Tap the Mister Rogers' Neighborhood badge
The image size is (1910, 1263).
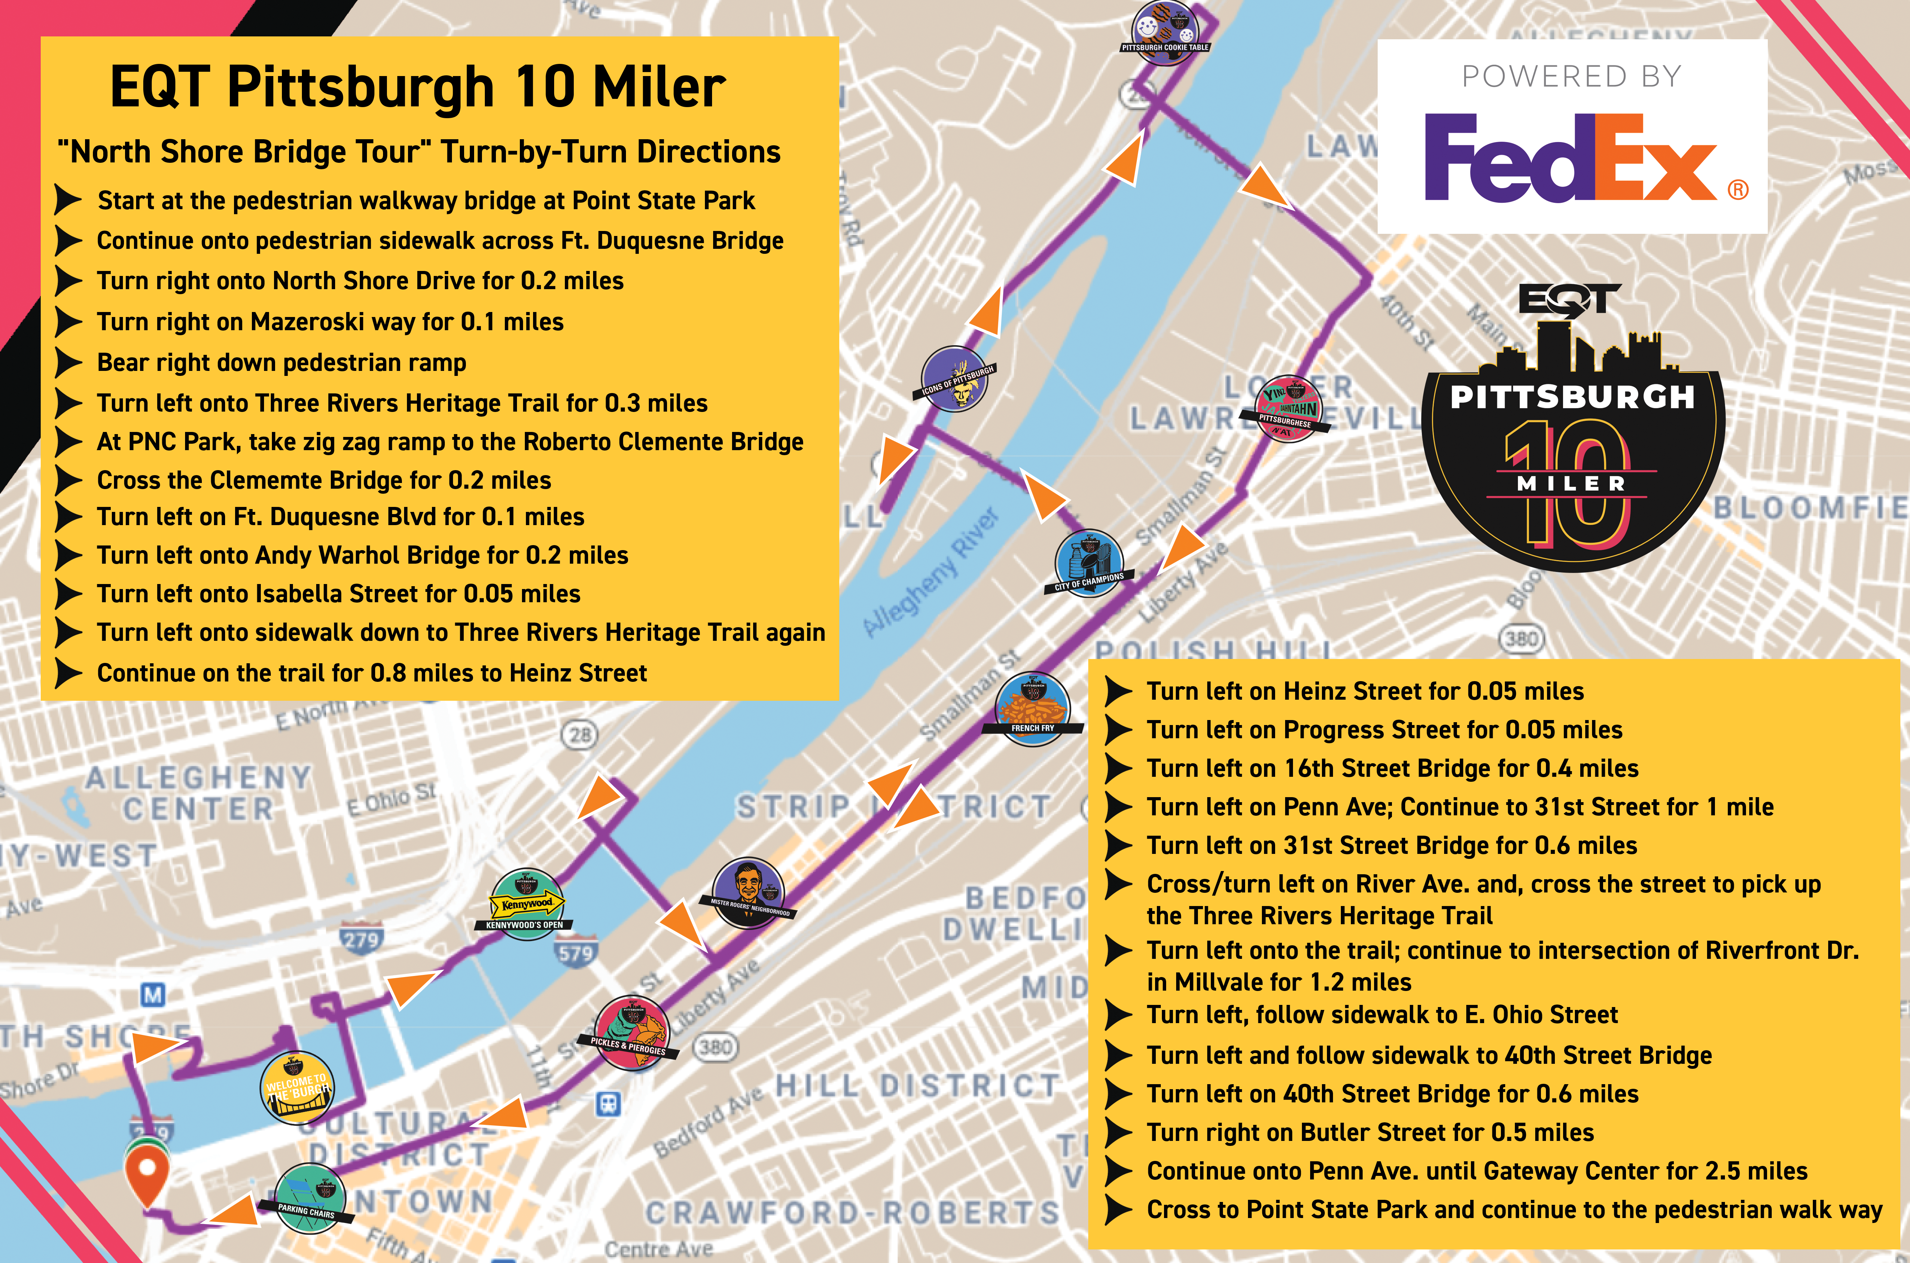[750, 892]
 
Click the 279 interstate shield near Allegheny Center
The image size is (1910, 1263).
[361, 939]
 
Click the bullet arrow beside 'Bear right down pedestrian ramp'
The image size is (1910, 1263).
[69, 362]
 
